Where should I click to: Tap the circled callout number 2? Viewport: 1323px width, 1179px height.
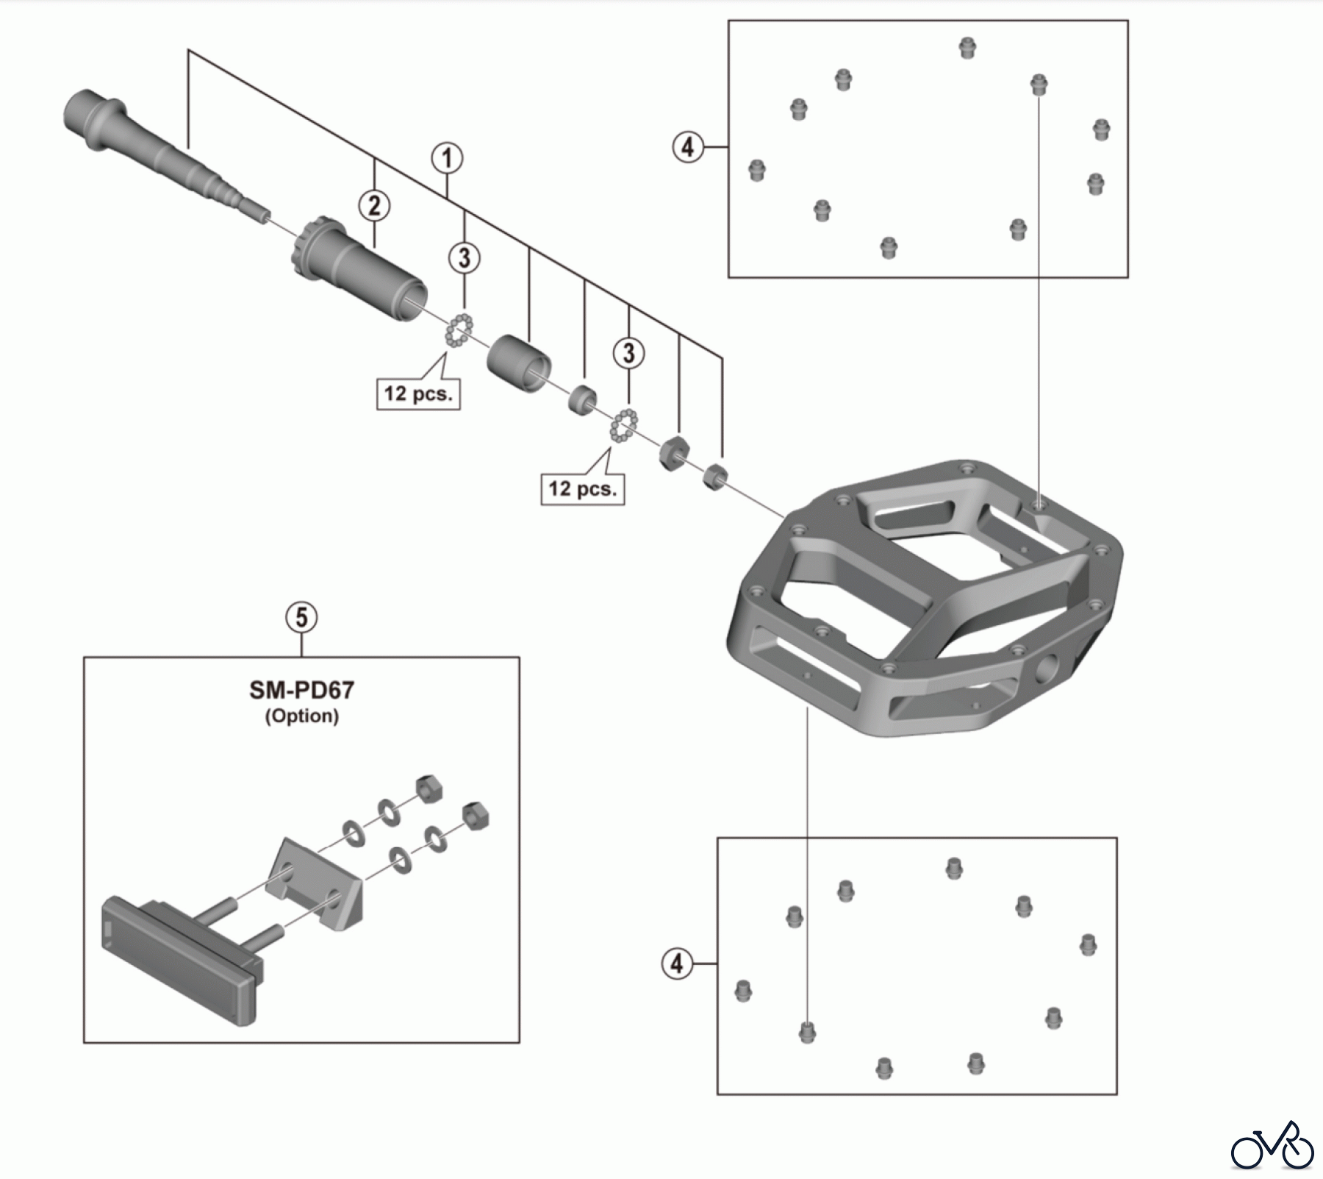374,206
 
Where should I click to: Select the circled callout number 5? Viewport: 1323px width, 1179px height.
301,618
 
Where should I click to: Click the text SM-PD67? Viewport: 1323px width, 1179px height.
301,690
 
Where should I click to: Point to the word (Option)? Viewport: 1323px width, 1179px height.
301,716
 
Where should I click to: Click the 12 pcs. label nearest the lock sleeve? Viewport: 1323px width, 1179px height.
418,393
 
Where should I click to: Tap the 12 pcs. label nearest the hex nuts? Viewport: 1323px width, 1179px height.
583,488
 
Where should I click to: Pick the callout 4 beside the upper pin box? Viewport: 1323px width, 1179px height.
687,147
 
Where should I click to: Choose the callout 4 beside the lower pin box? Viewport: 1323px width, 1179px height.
677,963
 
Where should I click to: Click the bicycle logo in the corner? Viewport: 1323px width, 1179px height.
1272,1144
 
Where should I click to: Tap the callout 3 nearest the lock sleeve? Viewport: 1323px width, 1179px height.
465,258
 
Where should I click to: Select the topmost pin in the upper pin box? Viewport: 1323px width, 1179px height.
967,49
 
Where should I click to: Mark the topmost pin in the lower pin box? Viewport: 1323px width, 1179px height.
954,868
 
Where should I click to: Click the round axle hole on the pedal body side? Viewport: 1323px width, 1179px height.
1046,669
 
